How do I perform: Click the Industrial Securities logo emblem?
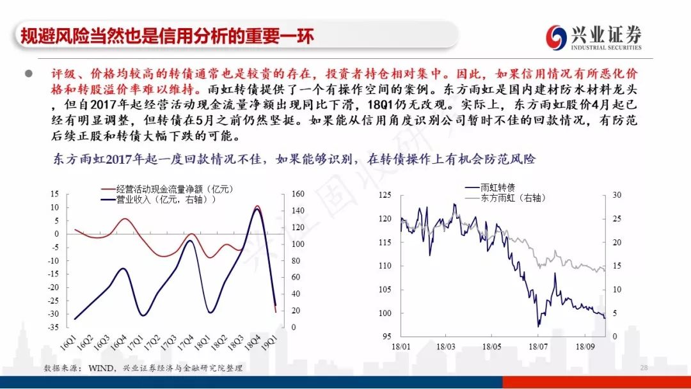pyautogui.click(x=556, y=37)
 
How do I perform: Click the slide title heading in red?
pyautogui.click(x=167, y=36)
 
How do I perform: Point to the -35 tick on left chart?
pyautogui.click(x=53, y=328)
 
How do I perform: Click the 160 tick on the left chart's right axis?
pyautogui.click(x=298, y=194)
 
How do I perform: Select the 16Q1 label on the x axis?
pyautogui.click(x=68, y=342)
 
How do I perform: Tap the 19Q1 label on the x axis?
pyautogui.click(x=270, y=342)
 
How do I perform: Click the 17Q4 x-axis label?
pyautogui.click(x=186, y=342)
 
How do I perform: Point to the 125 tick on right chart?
pyautogui.click(x=385, y=194)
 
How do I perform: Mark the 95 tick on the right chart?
pyautogui.click(x=386, y=337)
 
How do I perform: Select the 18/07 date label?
pyautogui.click(x=538, y=347)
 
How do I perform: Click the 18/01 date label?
pyautogui.click(x=401, y=347)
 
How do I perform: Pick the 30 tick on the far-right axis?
pyautogui.click(x=617, y=194)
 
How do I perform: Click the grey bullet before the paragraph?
pyautogui.click(x=29, y=74)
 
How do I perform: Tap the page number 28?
pyautogui.click(x=644, y=368)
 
